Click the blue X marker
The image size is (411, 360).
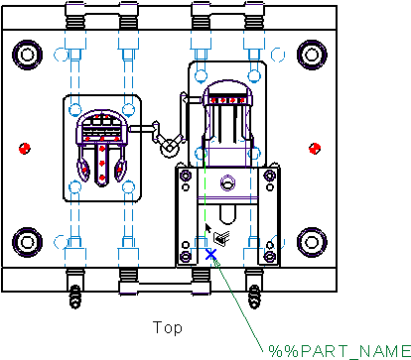[x=210, y=255]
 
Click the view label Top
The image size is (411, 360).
[x=168, y=327]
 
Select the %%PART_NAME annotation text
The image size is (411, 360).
[x=340, y=351]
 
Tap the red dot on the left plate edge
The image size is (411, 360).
[x=25, y=149]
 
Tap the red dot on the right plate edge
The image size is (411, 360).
[x=315, y=149]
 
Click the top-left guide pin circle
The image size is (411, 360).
[x=27, y=55]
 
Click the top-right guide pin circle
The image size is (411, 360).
[x=312, y=55]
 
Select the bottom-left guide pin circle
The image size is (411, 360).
[x=27, y=242]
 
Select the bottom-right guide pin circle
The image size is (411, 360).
[x=312, y=242]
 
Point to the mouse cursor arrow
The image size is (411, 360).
[x=208, y=228]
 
